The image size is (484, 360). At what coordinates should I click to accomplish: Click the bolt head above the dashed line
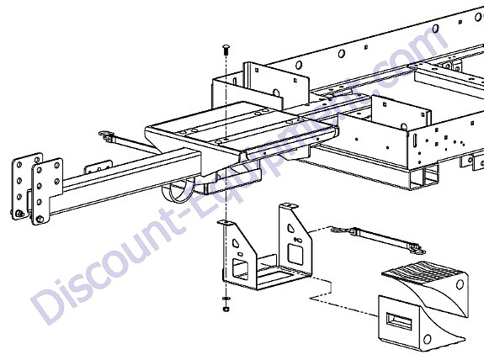226,50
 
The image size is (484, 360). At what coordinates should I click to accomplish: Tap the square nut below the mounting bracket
226,309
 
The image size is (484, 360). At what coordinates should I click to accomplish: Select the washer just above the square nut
226,299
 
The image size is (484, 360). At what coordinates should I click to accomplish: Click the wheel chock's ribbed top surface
423,272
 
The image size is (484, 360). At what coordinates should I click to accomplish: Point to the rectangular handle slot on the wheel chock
399,321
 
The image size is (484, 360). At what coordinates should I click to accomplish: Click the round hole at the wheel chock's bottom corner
428,339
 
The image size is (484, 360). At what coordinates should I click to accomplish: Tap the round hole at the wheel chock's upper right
460,284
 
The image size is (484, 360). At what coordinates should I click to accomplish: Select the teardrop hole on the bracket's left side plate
236,243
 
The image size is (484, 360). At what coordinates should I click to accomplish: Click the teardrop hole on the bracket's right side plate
291,228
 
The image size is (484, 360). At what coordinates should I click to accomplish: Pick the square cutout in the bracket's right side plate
295,254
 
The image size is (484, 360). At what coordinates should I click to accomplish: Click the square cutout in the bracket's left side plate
240,269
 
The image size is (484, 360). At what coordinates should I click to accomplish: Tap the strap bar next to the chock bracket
378,240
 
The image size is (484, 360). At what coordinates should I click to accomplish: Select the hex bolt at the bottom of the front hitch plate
40,220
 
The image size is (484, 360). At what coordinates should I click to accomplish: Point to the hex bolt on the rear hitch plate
19,213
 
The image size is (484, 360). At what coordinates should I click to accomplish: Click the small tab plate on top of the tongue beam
98,167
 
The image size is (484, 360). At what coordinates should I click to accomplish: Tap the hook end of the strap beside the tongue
105,135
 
